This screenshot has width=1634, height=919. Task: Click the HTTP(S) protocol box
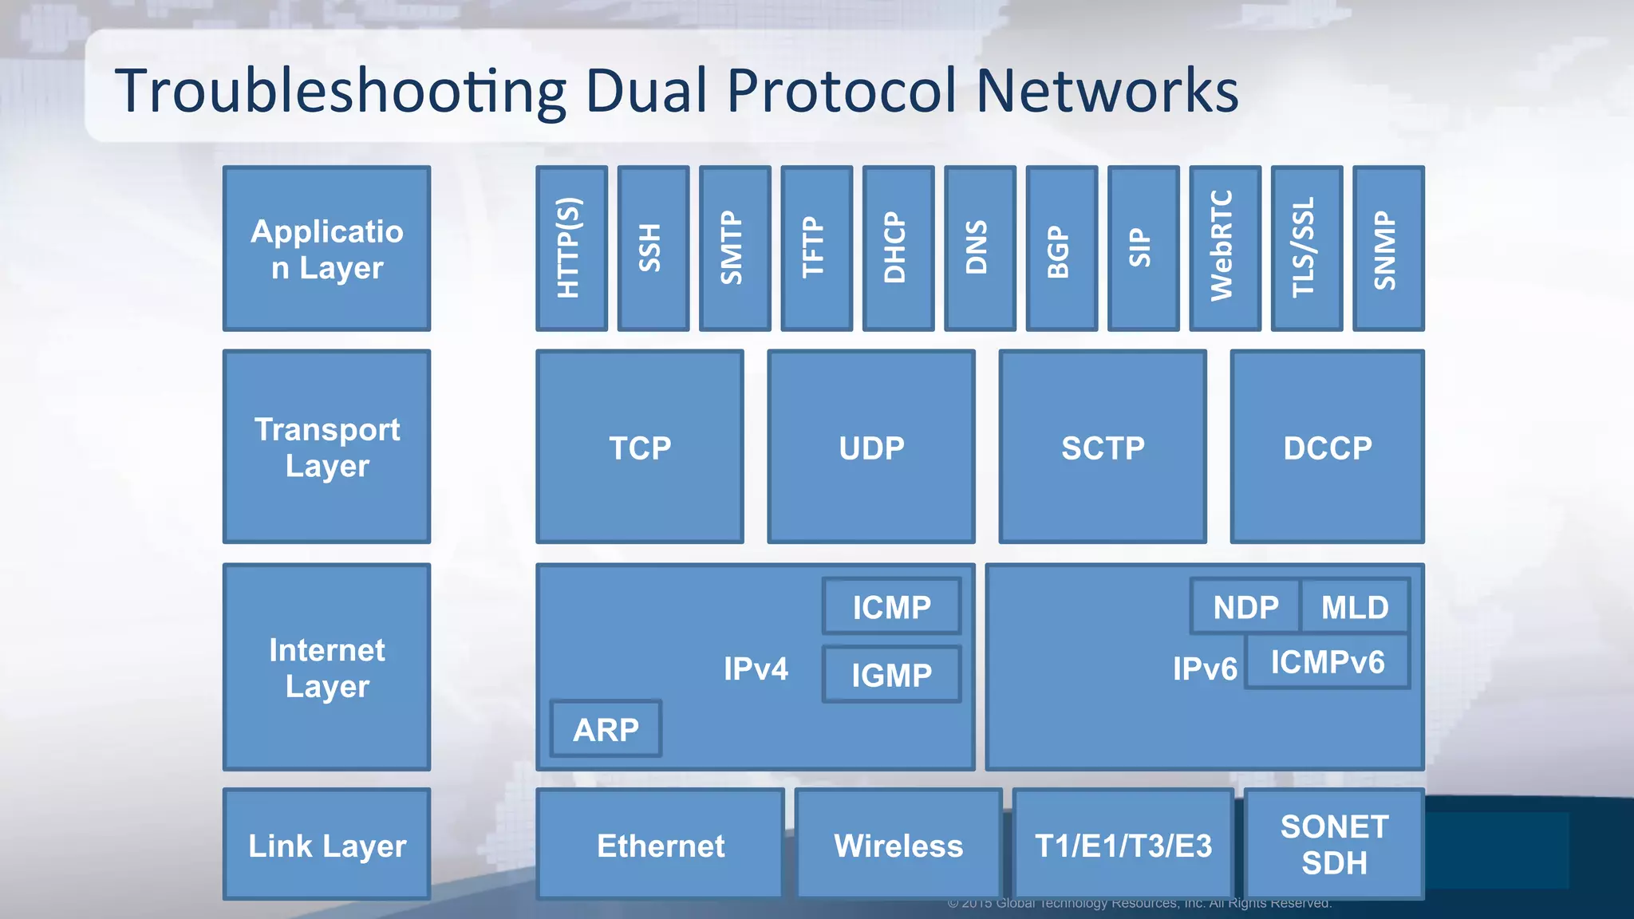(x=571, y=248)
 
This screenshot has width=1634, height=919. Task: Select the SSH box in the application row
(x=653, y=248)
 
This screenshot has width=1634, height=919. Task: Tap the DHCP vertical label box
(x=898, y=248)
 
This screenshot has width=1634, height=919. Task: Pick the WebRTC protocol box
(x=1225, y=248)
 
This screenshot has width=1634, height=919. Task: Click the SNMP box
(x=1388, y=248)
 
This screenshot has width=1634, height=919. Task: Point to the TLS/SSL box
(x=1306, y=248)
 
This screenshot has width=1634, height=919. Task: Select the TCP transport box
(x=640, y=447)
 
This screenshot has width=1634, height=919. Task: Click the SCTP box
(x=1103, y=447)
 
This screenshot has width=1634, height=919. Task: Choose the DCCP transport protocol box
(x=1328, y=447)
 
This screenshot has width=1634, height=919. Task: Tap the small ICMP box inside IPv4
(x=891, y=607)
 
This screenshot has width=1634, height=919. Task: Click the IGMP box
(x=891, y=675)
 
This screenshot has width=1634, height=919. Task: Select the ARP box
(x=606, y=729)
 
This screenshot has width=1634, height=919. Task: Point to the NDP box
(x=1245, y=607)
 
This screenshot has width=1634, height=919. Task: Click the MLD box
(x=1355, y=607)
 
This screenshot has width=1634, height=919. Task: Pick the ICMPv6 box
(x=1328, y=662)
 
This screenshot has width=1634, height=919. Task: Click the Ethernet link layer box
(x=661, y=845)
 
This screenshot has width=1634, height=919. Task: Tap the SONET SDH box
(x=1334, y=844)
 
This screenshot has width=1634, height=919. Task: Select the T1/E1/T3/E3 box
(x=1123, y=845)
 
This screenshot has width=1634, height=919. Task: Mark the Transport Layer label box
(x=327, y=447)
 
